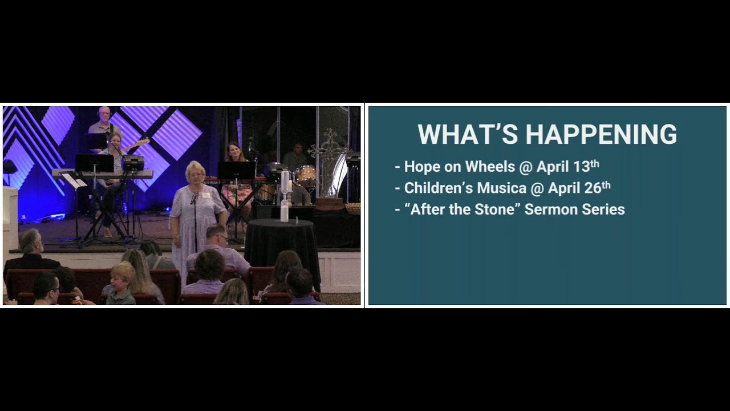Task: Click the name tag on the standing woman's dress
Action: pos(205,196)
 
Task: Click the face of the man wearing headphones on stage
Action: pos(104,114)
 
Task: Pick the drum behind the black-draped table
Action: pos(306,174)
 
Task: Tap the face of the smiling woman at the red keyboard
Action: pos(233,152)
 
